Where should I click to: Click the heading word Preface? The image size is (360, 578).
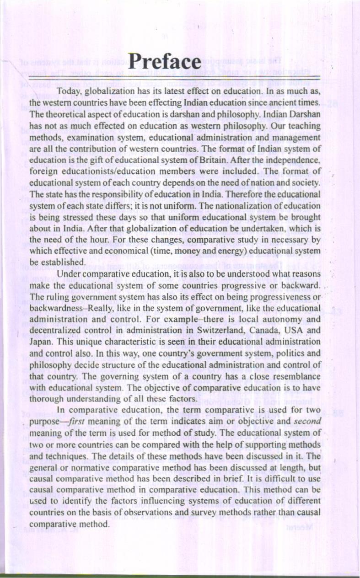pos(165,63)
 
